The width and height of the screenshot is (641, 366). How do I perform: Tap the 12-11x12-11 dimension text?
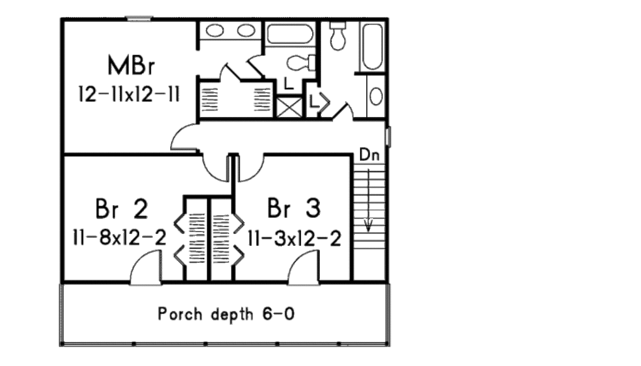[130, 96]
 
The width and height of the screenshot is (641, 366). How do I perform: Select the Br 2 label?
[122, 210]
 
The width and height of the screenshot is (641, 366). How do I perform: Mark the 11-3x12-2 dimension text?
[294, 238]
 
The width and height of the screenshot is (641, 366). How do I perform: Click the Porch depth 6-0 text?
[226, 313]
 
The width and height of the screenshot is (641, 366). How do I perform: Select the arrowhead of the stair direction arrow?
[369, 225]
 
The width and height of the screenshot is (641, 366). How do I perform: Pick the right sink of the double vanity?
[247, 31]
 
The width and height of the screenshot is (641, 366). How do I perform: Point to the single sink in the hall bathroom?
[376, 96]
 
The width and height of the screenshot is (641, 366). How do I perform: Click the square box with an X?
[289, 106]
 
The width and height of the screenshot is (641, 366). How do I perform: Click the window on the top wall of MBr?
[139, 19]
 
